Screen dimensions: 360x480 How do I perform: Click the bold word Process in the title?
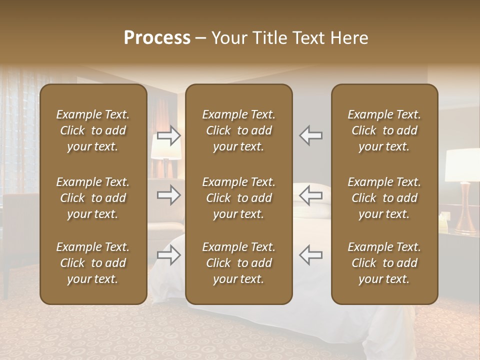pos(157,37)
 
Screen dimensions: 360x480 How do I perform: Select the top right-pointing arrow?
pos(168,135)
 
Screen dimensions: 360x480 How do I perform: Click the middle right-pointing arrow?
pos(168,195)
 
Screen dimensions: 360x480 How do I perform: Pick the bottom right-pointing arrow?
pos(168,255)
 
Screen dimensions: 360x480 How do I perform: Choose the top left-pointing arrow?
pos(311,135)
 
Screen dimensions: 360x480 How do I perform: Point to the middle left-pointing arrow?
pos(311,195)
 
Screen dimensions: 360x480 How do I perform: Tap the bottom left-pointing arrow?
pos(311,255)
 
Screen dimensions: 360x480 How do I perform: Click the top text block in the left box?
pos(93,130)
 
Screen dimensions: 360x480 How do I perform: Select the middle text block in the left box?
pos(93,198)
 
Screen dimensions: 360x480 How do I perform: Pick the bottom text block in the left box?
pos(93,263)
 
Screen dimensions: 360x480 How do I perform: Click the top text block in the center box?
pos(238,130)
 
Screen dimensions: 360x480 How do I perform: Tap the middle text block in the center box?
pos(238,198)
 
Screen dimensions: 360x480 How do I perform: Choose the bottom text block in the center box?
pos(238,263)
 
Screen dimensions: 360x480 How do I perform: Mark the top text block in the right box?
pos(384,130)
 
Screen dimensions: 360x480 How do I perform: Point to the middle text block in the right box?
pos(384,198)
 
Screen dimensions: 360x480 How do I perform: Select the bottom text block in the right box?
pos(384,263)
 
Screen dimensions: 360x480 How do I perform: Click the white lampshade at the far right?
pos(463,165)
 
